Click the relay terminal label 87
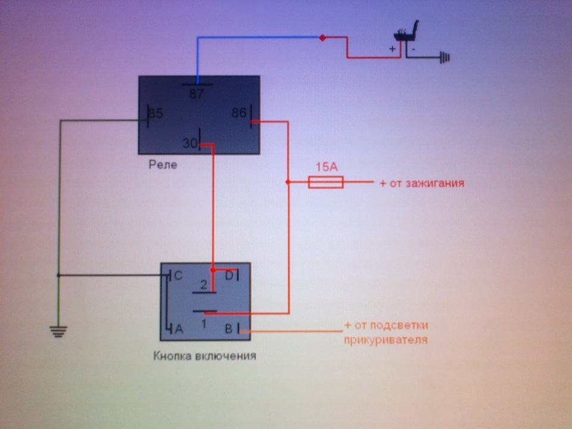pos(196,94)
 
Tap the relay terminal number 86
pos(239,113)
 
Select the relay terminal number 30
pos(189,143)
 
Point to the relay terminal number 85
pos(156,113)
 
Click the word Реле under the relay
pos(163,164)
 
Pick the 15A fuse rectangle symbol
pos(326,182)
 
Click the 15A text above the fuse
pos(327,167)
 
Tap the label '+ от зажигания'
pos(422,183)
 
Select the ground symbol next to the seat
pos(445,57)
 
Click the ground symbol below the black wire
pos(58,331)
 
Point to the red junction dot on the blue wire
pos(322,37)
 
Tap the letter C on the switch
pos(178,275)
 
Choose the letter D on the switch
pos(229,275)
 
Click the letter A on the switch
pos(179,329)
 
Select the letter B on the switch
pos(229,329)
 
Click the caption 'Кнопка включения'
pos(204,356)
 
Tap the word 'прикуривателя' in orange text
pos(386,340)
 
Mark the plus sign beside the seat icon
pos(393,48)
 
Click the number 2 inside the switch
pos(204,285)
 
